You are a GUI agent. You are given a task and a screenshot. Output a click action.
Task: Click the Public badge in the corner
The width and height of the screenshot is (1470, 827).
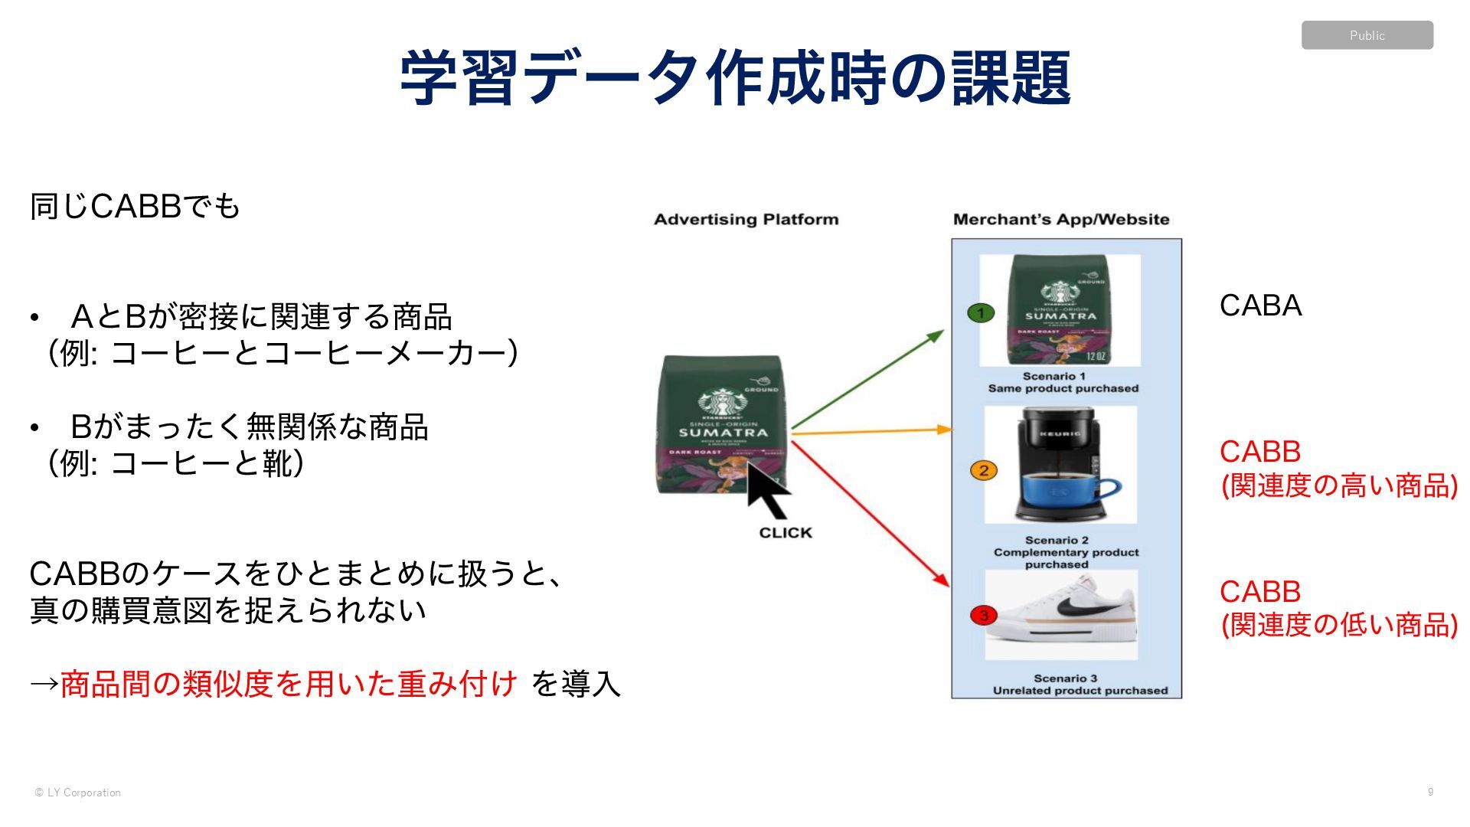[x=1367, y=35]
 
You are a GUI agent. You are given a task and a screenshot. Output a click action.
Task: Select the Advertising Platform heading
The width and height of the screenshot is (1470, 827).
[x=746, y=220]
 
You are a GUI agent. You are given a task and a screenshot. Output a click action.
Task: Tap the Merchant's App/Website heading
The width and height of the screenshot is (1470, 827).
[x=1061, y=220]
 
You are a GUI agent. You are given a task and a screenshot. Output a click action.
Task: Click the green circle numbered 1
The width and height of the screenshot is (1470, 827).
[x=981, y=312]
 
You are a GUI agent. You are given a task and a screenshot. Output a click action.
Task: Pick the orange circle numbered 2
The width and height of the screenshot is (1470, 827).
[x=984, y=470]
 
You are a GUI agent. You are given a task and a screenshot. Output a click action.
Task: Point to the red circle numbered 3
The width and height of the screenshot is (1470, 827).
[x=984, y=615]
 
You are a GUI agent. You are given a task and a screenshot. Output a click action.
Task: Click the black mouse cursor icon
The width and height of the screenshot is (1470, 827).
[x=767, y=491]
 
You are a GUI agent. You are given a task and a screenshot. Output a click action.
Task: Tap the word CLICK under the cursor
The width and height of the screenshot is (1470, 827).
[x=786, y=533]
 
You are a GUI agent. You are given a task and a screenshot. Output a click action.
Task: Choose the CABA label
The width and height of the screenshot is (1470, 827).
[x=1260, y=306]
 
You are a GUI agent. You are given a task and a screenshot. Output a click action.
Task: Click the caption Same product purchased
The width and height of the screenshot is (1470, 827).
[x=1063, y=389]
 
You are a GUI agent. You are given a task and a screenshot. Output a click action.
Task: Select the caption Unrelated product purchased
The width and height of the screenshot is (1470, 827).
[x=1080, y=691]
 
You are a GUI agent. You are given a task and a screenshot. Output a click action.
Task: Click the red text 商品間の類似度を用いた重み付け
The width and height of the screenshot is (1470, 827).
[x=289, y=683]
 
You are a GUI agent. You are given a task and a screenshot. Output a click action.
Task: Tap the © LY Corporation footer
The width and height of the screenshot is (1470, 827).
[x=78, y=793]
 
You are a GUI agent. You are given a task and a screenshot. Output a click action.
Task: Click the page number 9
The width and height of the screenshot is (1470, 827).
[x=1430, y=792]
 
